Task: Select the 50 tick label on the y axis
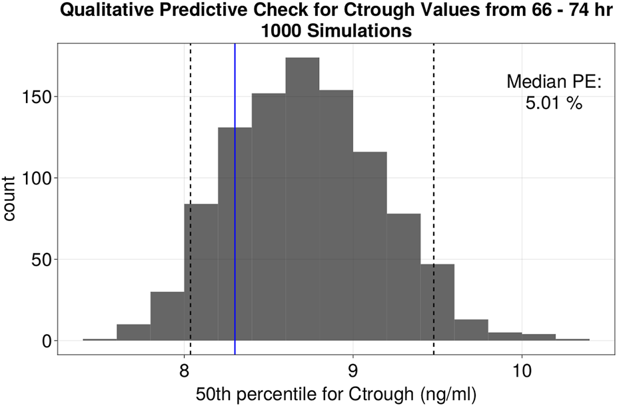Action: point(41,260)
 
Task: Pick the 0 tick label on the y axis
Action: point(45,341)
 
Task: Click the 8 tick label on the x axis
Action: point(184,369)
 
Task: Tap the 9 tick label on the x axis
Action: point(352,369)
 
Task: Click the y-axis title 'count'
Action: point(12,199)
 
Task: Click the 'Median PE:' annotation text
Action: point(554,82)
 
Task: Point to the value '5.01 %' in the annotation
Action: point(554,103)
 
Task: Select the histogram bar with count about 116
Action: point(370,246)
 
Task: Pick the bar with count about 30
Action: point(167,317)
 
